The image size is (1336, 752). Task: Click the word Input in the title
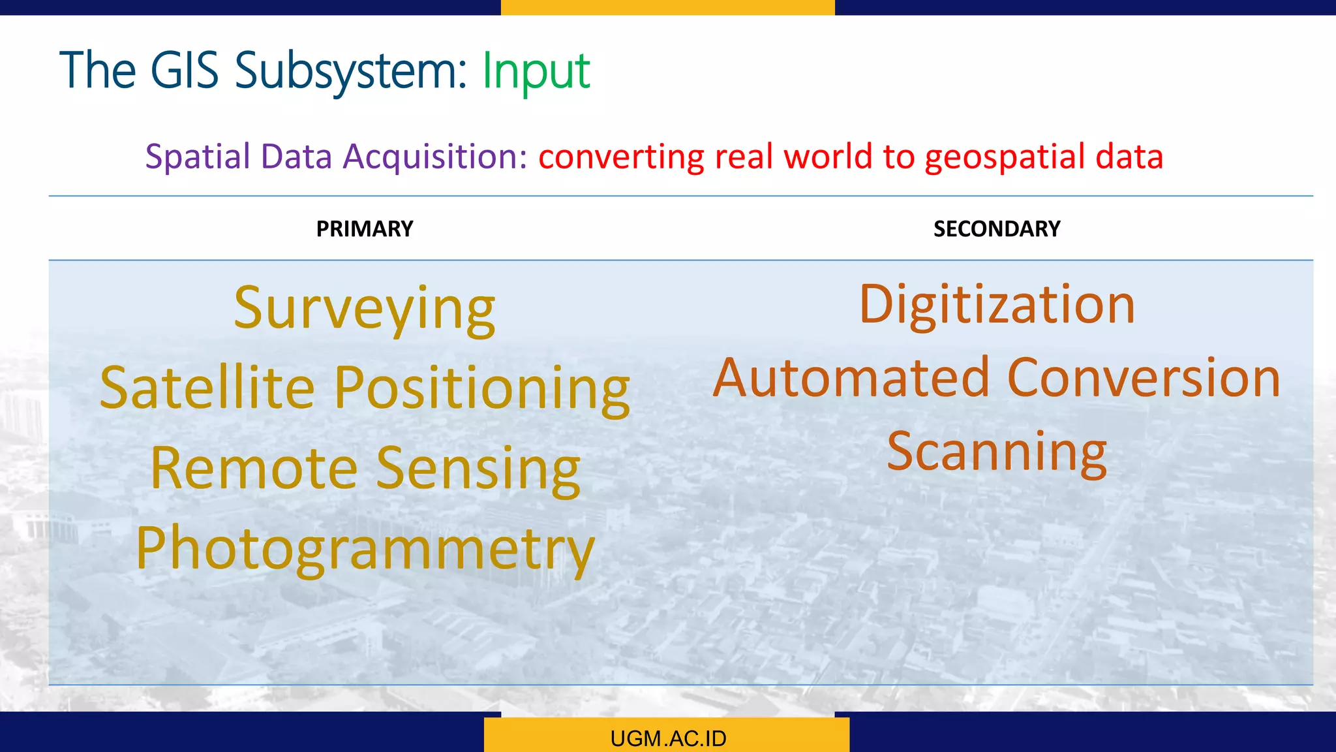pos(536,70)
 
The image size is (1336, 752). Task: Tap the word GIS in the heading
pos(184,70)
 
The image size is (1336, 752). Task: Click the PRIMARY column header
pos(365,229)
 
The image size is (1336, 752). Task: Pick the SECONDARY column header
pos(997,229)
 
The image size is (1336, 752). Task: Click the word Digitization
pos(997,304)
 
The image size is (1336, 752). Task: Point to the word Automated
pos(851,378)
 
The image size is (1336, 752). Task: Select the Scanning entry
pos(997,452)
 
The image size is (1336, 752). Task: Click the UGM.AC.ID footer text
pos(668,738)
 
